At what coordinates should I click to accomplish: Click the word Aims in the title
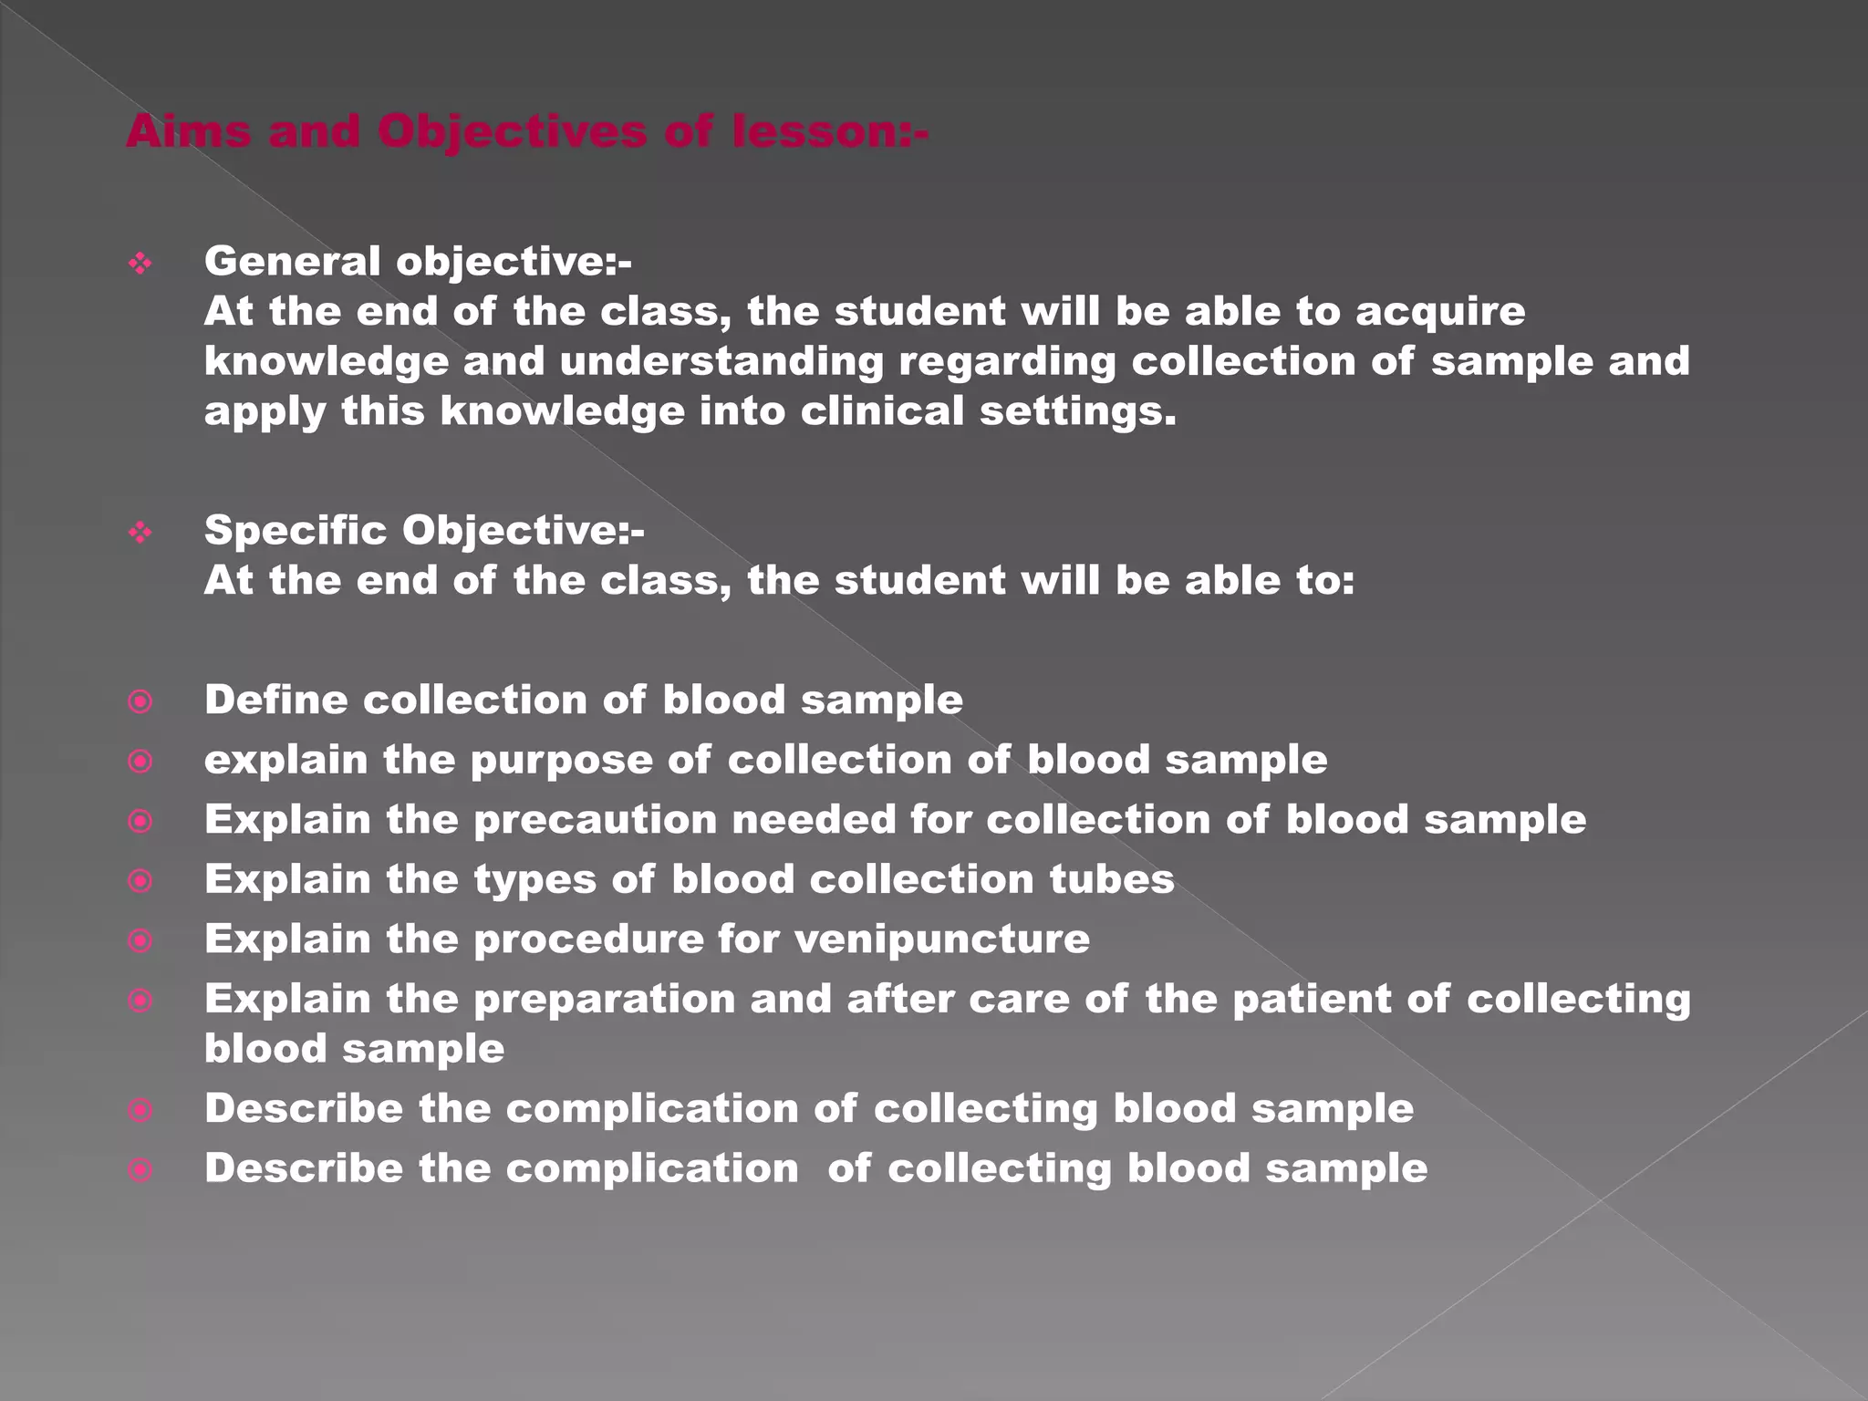187,131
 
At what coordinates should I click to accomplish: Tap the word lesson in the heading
829,131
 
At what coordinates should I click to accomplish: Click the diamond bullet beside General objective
140,265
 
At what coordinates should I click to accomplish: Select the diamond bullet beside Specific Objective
140,532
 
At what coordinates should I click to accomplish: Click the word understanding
721,362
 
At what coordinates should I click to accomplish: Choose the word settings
1077,411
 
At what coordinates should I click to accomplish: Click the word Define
275,700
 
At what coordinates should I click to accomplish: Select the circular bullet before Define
140,701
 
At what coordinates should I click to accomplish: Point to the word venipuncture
941,939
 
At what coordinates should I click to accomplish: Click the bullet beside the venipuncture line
140,940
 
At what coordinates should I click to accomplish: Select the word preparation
604,999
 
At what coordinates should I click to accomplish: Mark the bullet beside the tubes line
140,881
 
